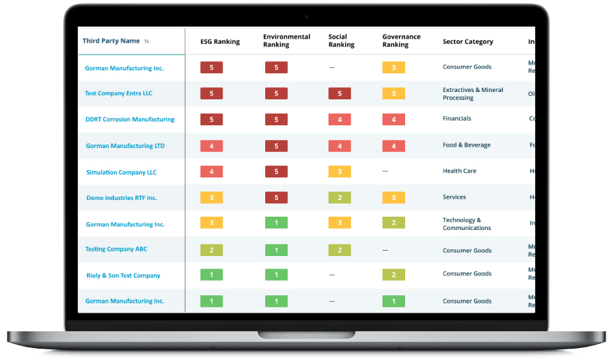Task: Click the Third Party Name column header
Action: [x=111, y=41]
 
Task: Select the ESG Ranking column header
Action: [x=220, y=42]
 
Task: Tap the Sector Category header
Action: [x=468, y=42]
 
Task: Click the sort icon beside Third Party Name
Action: [x=147, y=42]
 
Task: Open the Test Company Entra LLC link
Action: [x=119, y=93]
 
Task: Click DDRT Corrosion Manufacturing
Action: [x=130, y=119]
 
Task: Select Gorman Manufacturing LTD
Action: [x=125, y=146]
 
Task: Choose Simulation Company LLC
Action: [x=121, y=172]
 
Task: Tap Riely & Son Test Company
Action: [x=123, y=275]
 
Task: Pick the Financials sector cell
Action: [x=457, y=119]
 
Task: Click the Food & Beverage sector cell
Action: [x=466, y=145]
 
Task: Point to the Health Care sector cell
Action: [x=460, y=171]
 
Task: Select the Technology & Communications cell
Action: [x=466, y=224]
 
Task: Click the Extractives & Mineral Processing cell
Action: [x=473, y=94]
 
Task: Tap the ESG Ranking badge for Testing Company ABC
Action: [x=211, y=250]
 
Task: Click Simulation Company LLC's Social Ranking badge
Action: [x=340, y=172]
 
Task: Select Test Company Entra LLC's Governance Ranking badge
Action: [x=394, y=93]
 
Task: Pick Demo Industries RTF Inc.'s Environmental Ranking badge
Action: [x=276, y=198]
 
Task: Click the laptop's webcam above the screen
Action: [x=306, y=16]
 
